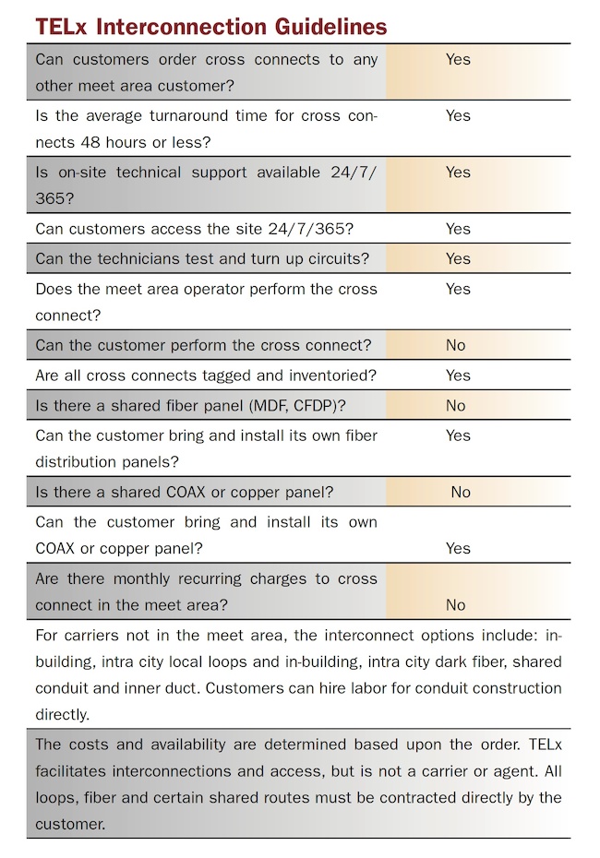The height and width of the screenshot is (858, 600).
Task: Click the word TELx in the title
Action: point(61,26)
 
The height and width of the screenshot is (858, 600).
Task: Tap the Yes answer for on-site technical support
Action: point(458,173)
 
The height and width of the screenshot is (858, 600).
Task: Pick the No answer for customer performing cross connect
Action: point(455,345)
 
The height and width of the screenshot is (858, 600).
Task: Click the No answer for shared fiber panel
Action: point(455,405)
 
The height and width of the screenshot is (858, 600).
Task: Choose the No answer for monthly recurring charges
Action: point(455,604)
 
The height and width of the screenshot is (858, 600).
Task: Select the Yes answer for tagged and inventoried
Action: point(458,375)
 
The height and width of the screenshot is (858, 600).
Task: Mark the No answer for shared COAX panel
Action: point(461,492)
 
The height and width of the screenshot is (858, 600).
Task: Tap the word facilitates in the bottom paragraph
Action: point(71,771)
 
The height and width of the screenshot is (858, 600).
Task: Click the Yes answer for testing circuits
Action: point(458,258)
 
